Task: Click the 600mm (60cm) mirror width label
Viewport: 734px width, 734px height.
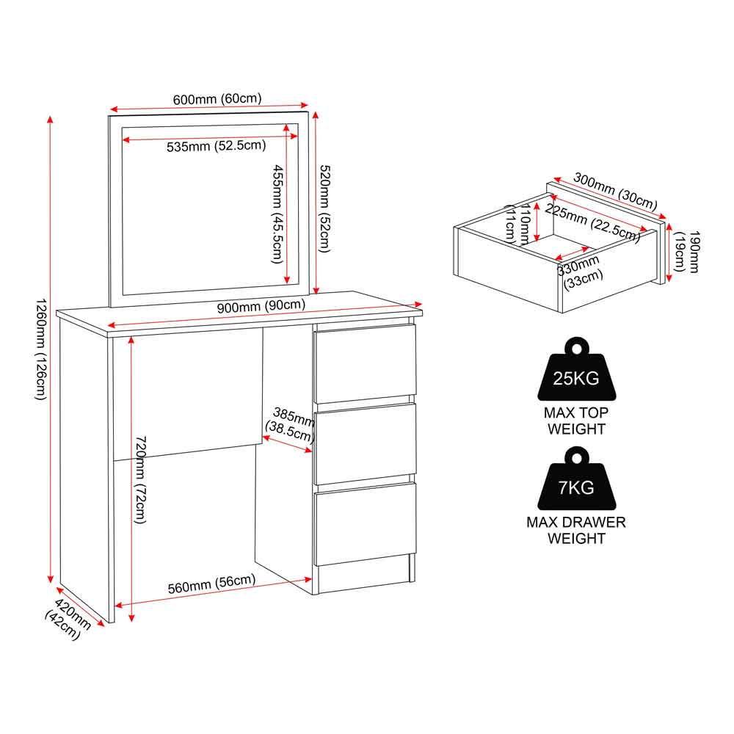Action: (x=217, y=99)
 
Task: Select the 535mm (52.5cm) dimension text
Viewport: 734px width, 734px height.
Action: (x=217, y=145)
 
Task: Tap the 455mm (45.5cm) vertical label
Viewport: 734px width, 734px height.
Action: (x=277, y=214)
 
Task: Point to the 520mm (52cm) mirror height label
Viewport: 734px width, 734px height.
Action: (x=324, y=208)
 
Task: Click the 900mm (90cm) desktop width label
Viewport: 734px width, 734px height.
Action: (x=261, y=306)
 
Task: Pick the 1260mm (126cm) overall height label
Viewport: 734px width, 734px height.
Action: (x=40, y=349)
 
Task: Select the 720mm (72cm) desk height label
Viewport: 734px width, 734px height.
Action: (x=140, y=480)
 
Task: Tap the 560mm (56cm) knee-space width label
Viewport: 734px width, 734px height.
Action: (x=211, y=584)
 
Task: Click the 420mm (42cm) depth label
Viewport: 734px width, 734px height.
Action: (x=68, y=619)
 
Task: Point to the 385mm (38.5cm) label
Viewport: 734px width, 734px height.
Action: (x=290, y=424)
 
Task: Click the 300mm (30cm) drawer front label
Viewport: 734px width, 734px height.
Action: (x=615, y=191)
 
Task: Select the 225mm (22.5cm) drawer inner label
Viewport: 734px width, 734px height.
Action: (x=592, y=223)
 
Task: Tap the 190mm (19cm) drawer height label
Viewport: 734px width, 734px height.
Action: (x=686, y=251)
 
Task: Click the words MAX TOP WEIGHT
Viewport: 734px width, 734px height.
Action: (x=576, y=421)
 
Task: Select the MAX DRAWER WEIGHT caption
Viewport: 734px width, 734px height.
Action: (x=576, y=531)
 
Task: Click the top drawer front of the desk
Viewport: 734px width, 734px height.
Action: (x=365, y=363)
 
